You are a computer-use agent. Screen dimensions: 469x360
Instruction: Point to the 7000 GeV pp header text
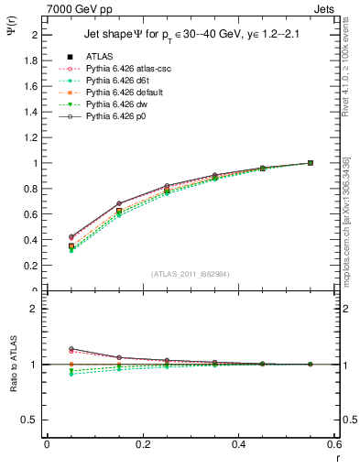(74, 7)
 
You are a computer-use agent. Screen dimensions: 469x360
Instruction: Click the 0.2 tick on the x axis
(143, 443)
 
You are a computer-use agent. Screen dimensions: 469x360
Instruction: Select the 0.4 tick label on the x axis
(239, 443)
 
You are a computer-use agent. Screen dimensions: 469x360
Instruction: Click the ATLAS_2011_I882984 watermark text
(191, 274)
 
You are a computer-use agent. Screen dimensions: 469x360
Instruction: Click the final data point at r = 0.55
(311, 163)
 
